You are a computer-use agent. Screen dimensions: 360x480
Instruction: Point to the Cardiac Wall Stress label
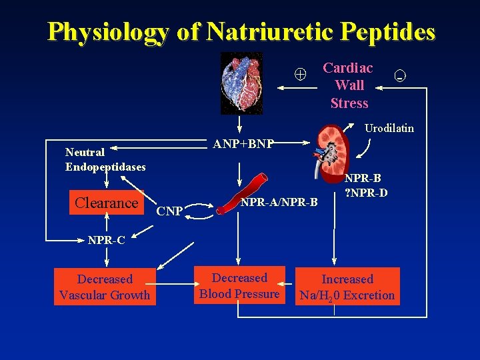(349, 85)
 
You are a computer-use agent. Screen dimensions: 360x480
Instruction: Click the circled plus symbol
(301, 75)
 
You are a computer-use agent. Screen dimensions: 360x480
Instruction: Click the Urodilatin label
(389, 127)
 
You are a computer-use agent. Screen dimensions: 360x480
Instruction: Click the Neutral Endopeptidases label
(105, 159)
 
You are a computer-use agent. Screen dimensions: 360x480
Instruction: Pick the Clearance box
(107, 203)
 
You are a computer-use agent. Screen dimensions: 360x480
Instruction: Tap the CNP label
(169, 212)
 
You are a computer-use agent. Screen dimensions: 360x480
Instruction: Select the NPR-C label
(107, 240)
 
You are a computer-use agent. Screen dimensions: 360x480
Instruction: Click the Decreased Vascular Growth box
(105, 287)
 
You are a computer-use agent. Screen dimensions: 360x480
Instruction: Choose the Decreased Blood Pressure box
(239, 285)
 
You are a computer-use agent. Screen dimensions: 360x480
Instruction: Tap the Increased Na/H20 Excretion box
(347, 287)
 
